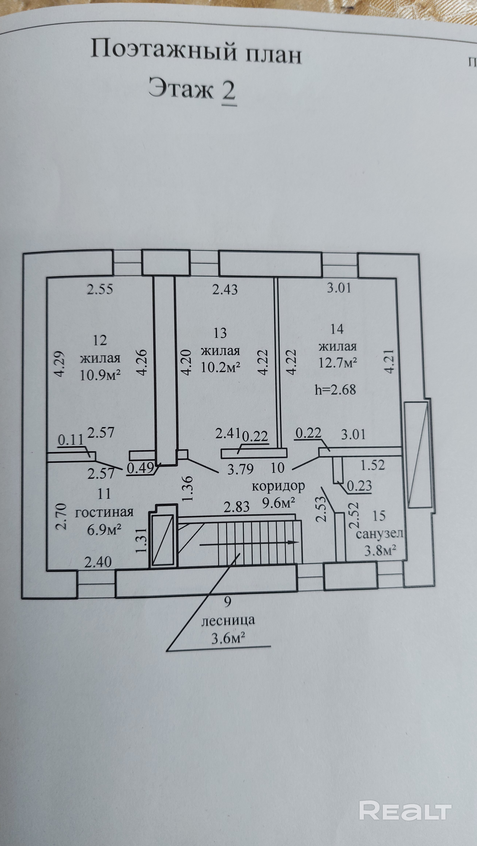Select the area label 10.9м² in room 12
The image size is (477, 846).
(x=100, y=375)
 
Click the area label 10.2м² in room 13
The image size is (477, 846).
(x=220, y=368)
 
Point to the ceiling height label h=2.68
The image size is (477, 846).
(x=335, y=390)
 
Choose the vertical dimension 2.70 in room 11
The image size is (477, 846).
(x=62, y=517)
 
